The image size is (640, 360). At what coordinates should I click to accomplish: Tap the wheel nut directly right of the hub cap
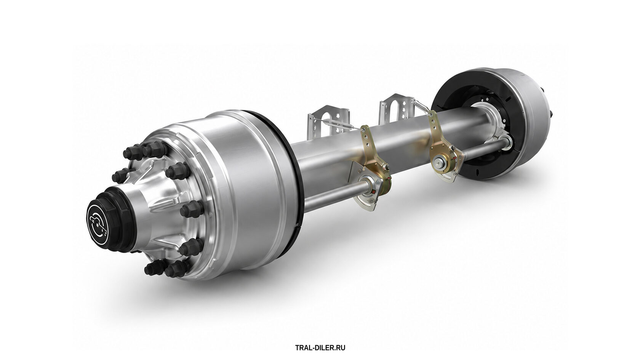click(192, 209)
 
